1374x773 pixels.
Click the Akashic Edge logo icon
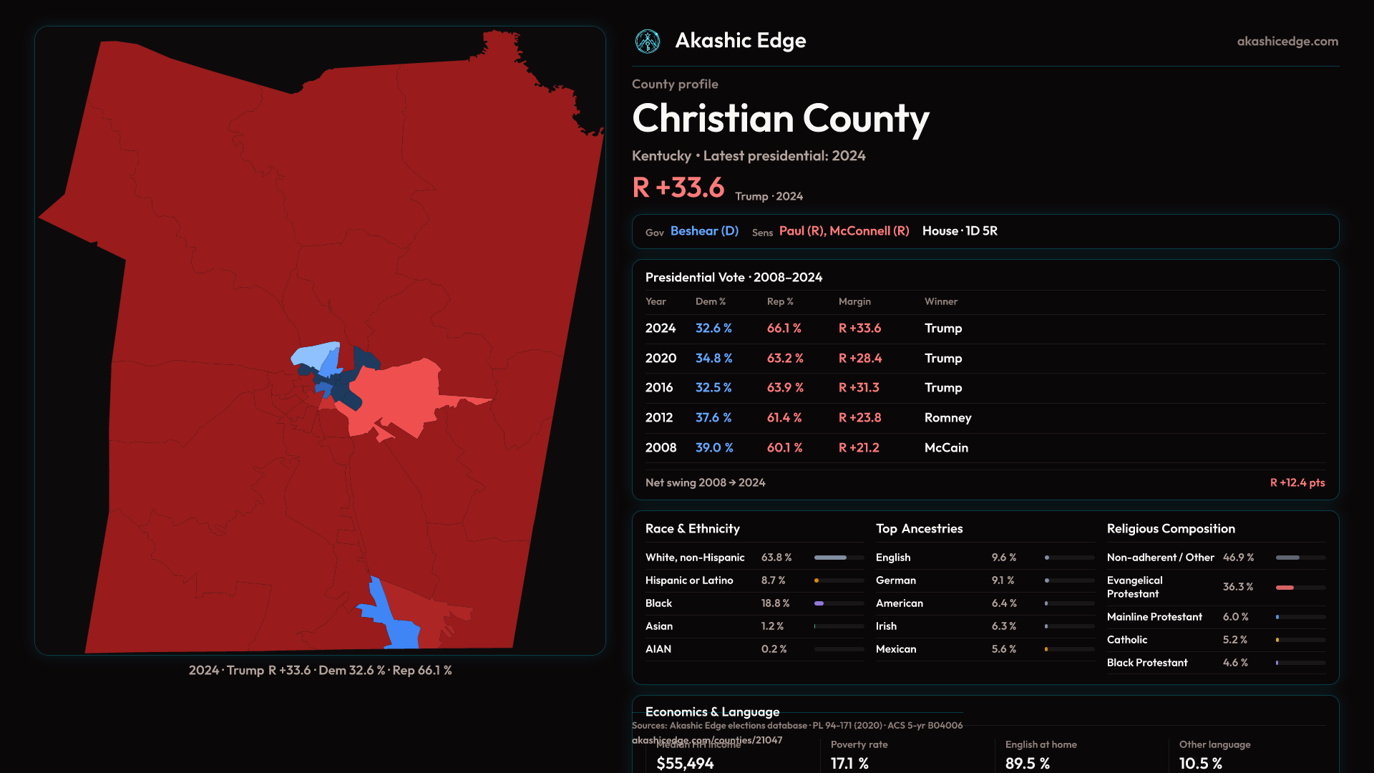pyautogui.click(x=648, y=42)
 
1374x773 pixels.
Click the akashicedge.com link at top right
pyautogui.click(x=1287, y=42)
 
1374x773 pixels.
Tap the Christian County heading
pyautogui.click(x=780, y=119)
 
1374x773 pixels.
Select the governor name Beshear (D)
pyautogui.click(x=704, y=231)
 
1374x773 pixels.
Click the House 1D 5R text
pyautogui.click(x=960, y=231)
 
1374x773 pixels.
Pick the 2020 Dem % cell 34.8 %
pyautogui.click(x=713, y=358)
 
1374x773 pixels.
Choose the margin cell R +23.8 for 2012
pyautogui.click(x=859, y=418)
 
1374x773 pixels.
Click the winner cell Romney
pyautogui.click(x=947, y=418)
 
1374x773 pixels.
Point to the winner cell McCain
pyautogui.click(x=946, y=448)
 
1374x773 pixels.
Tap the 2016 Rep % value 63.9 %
pyautogui.click(x=785, y=388)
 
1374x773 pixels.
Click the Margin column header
pyautogui.click(x=854, y=301)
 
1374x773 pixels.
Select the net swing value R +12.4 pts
pyautogui.click(x=1297, y=483)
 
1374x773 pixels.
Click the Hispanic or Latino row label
pyautogui.click(x=689, y=580)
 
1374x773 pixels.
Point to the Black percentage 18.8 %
pyautogui.click(x=775, y=603)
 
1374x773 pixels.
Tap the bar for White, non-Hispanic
pyautogui.click(x=839, y=558)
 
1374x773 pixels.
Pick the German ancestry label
pyautogui.click(x=895, y=580)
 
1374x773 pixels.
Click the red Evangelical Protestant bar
pyautogui.click(x=1285, y=588)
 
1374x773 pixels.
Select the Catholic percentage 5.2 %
pyautogui.click(x=1234, y=640)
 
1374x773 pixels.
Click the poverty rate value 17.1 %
pyautogui.click(x=849, y=764)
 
